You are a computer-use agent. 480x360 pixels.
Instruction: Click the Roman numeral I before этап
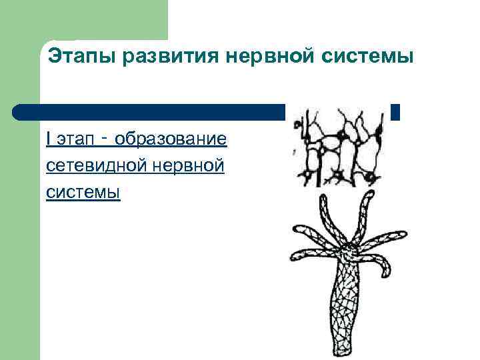(x=49, y=139)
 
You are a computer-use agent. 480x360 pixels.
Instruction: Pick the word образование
(x=171, y=139)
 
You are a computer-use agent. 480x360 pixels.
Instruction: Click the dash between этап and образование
(x=105, y=138)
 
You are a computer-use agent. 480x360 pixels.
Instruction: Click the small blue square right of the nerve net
(x=395, y=112)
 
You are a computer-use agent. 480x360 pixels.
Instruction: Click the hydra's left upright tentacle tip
(x=324, y=198)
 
